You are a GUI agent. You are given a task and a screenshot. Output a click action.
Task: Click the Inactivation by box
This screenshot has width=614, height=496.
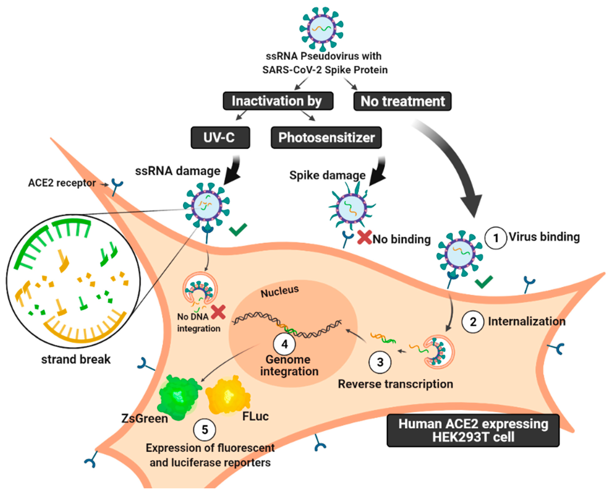click(278, 101)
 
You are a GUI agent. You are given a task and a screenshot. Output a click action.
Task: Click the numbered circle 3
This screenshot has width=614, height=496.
click(380, 362)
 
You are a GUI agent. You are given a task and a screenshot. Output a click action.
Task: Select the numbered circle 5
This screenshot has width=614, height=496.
click(205, 430)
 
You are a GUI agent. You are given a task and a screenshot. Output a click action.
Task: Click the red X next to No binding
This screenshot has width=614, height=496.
click(364, 237)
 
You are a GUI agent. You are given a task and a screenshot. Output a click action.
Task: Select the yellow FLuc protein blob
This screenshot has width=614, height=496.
click(228, 396)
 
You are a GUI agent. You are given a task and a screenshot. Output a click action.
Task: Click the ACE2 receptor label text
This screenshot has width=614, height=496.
click(62, 183)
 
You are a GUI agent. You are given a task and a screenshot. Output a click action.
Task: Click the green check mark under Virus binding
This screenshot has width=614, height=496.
click(484, 282)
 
